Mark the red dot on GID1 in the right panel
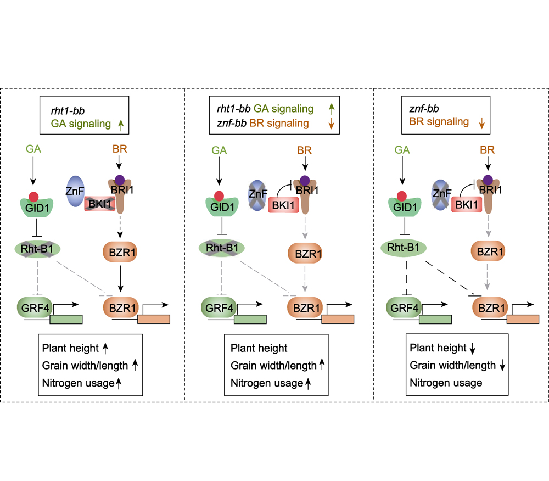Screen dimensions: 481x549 coord(402,195)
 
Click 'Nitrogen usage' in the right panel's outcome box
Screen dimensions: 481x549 coord(446,383)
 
